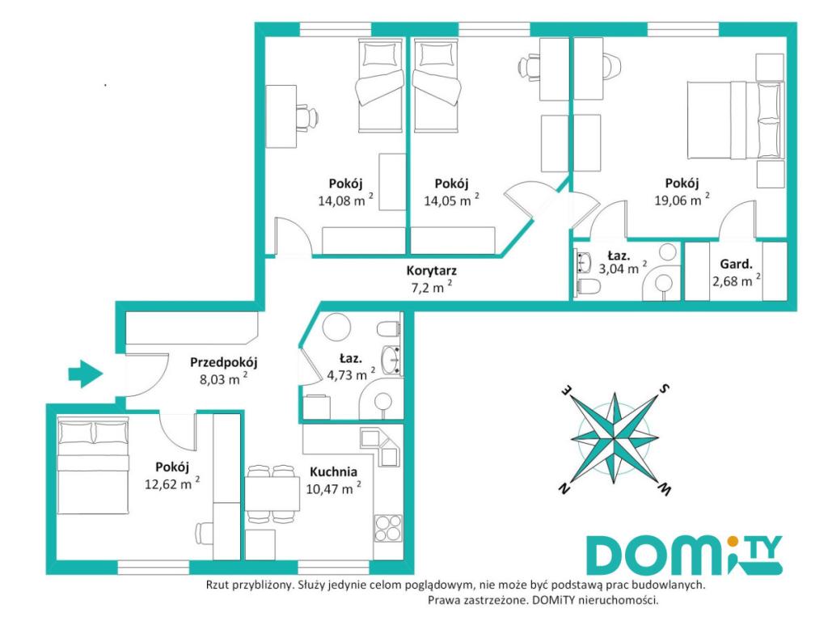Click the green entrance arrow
86,374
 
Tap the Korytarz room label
432,271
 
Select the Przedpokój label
223,362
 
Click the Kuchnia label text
333,471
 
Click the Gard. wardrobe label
736,264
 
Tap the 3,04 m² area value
622,268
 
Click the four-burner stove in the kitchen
388,527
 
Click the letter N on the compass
564,488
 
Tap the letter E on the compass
566,391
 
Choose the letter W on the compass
664,489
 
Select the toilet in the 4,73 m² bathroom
388,329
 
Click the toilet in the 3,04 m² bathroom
589,287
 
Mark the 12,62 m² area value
172,484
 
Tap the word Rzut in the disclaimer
218,585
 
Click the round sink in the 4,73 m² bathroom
391,359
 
